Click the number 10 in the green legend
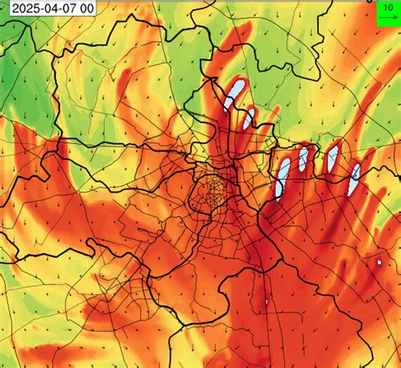386,6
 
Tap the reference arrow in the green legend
386,18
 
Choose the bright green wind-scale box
387,12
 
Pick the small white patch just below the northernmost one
249,118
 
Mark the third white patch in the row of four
332,156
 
